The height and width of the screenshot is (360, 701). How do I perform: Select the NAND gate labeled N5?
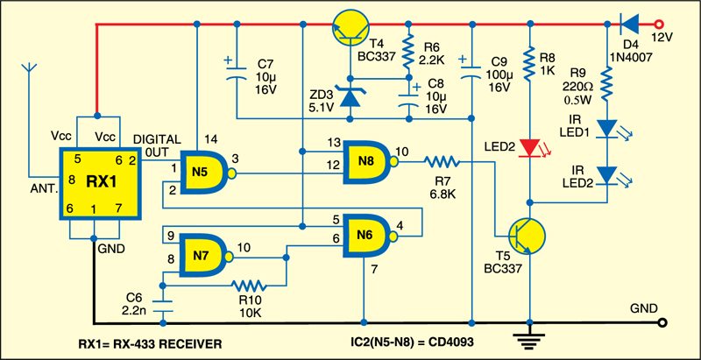202,172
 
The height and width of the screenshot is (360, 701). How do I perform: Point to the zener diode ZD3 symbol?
350,95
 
